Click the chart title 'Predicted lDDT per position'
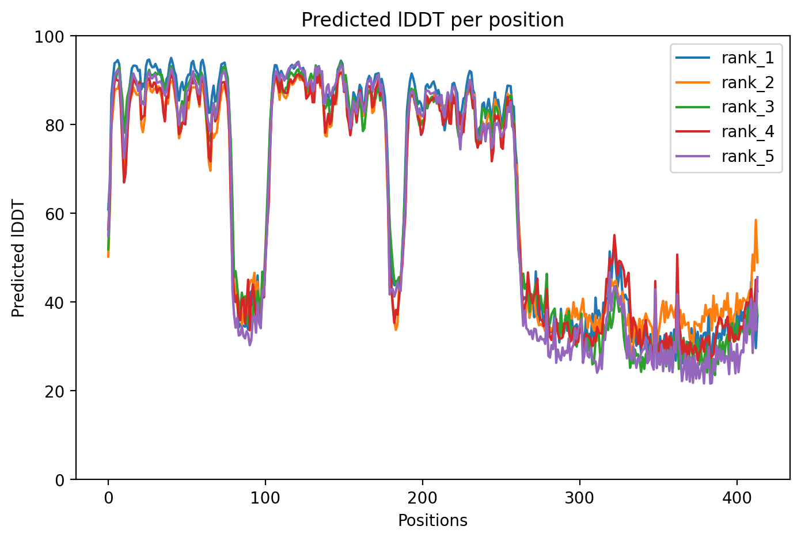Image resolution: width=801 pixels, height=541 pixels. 432,20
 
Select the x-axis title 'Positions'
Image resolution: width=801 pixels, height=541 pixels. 432,521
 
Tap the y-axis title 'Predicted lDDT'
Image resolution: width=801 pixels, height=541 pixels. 18,258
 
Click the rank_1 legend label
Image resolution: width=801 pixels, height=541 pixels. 747,58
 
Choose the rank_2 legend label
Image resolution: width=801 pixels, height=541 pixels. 747,82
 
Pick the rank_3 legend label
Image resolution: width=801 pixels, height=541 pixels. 747,107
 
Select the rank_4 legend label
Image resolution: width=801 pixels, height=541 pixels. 747,132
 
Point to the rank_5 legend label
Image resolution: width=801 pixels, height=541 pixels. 747,157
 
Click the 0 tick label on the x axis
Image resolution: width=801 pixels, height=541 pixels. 108,497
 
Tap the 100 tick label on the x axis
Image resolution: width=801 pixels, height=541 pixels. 265,497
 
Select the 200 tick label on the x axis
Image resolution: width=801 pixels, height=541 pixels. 422,497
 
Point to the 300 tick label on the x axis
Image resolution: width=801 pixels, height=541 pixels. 579,497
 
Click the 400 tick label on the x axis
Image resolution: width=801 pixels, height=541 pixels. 737,497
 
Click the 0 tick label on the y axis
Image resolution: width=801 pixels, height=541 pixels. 64,479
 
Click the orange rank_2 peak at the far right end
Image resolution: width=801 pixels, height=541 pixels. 756,220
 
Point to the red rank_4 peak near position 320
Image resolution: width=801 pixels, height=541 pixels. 614,235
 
